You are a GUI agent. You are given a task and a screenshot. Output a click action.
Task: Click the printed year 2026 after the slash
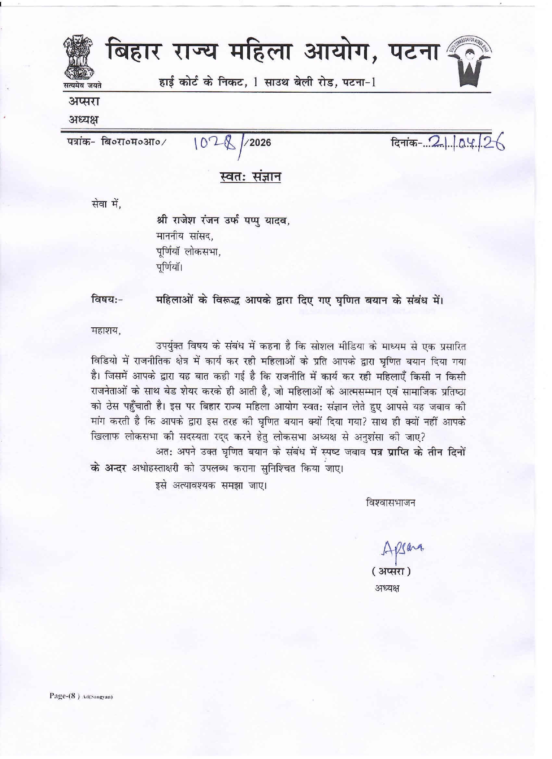[x=260, y=142]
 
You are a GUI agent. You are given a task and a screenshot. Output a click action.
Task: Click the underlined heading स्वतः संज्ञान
[x=250, y=177]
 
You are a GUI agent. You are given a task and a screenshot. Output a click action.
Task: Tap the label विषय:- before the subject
[x=107, y=299]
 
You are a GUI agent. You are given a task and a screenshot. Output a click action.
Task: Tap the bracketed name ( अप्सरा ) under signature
[x=391, y=571]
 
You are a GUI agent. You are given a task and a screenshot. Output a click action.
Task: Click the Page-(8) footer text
[x=65, y=696]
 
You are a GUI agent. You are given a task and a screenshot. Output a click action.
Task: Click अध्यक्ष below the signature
[x=387, y=589]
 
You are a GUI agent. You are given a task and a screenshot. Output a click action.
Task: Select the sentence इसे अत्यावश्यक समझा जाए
[x=211, y=485]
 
